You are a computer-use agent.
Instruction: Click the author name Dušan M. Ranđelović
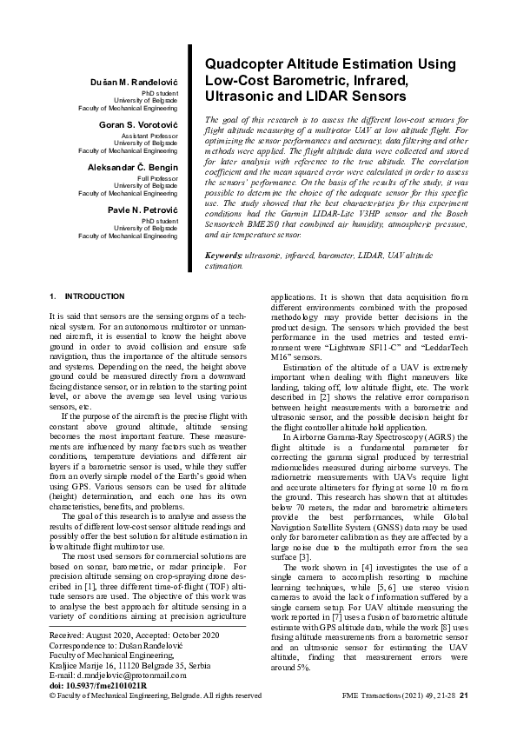pos(139,81)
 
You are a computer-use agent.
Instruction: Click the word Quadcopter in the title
pos(242,64)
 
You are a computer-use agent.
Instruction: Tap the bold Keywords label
pos(223,256)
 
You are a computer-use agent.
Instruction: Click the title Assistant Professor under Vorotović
pos(153,136)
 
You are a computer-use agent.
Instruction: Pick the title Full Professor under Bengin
pos(159,178)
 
